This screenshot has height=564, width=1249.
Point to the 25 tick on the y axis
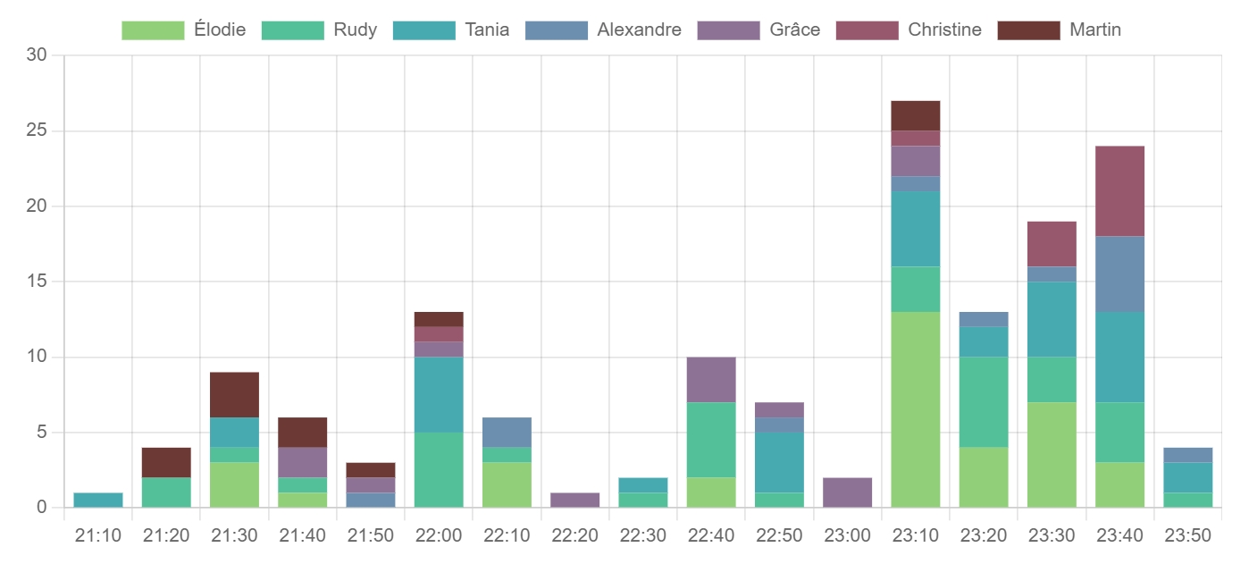(35, 131)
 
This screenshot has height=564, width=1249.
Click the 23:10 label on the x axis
(915, 535)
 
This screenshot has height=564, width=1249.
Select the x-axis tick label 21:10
(98, 535)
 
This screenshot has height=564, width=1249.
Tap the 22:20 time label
(574, 535)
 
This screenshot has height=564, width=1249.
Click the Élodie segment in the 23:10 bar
(915, 409)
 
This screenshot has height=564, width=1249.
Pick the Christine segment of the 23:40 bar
(1119, 191)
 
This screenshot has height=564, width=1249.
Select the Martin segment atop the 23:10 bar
(915, 116)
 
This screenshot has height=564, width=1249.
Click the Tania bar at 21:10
(98, 500)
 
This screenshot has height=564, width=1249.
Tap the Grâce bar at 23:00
(847, 492)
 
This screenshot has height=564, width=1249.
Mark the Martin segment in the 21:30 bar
(234, 395)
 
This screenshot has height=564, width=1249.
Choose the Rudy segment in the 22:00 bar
(439, 470)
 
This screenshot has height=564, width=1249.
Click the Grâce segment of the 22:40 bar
(711, 380)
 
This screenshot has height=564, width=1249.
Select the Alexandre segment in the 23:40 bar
(1119, 274)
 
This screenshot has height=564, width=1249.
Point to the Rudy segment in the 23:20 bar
(983, 402)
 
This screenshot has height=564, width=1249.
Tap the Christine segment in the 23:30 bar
(1052, 244)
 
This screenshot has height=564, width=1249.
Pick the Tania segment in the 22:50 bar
(779, 463)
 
